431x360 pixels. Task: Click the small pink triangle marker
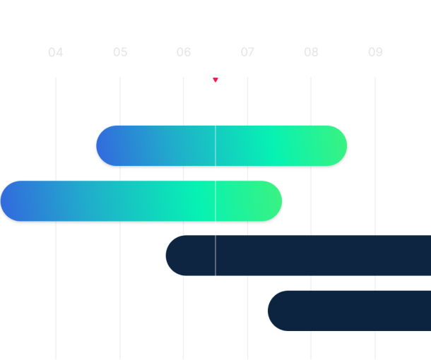215,80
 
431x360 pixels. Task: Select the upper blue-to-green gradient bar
221,146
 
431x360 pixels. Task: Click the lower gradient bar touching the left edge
141,201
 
